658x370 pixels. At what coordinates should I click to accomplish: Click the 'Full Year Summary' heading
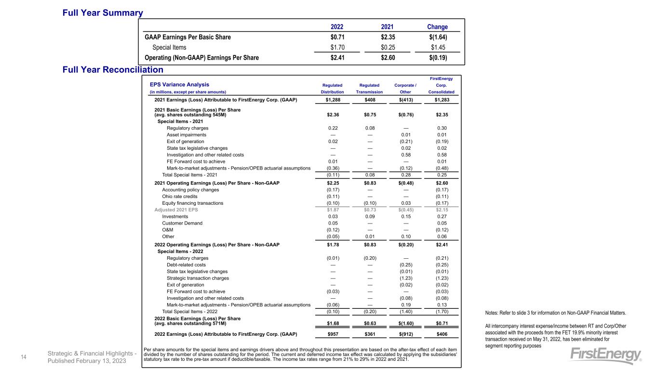103,13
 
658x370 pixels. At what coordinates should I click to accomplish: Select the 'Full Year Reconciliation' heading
113,70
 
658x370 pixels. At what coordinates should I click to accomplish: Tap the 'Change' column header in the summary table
437,26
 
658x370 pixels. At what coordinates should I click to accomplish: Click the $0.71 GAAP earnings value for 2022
334,37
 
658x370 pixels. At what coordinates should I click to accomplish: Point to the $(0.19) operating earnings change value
437,58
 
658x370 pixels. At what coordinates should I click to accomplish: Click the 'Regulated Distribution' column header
332,88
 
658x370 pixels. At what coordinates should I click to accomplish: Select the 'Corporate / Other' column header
406,88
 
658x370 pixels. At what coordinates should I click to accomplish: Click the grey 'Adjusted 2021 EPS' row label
176,210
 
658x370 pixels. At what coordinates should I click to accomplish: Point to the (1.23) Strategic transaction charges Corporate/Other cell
406,278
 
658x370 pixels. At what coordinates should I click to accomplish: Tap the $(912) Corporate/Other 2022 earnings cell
406,334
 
